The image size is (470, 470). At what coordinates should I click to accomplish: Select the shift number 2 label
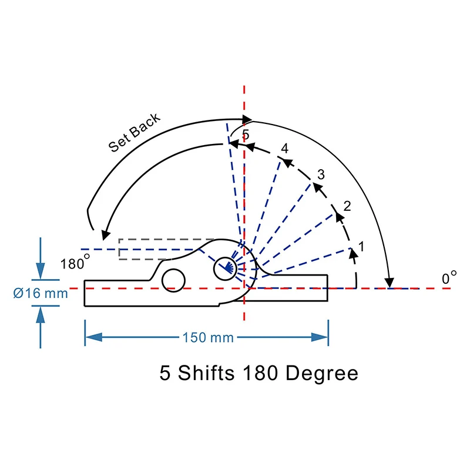point(347,206)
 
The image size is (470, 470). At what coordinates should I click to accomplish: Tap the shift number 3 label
point(321,174)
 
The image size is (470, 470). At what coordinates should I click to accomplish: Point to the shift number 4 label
point(285,149)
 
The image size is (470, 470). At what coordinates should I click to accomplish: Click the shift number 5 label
point(246,134)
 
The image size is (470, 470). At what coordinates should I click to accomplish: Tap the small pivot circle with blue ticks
point(224,267)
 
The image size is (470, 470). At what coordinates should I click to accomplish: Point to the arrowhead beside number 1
point(353,252)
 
